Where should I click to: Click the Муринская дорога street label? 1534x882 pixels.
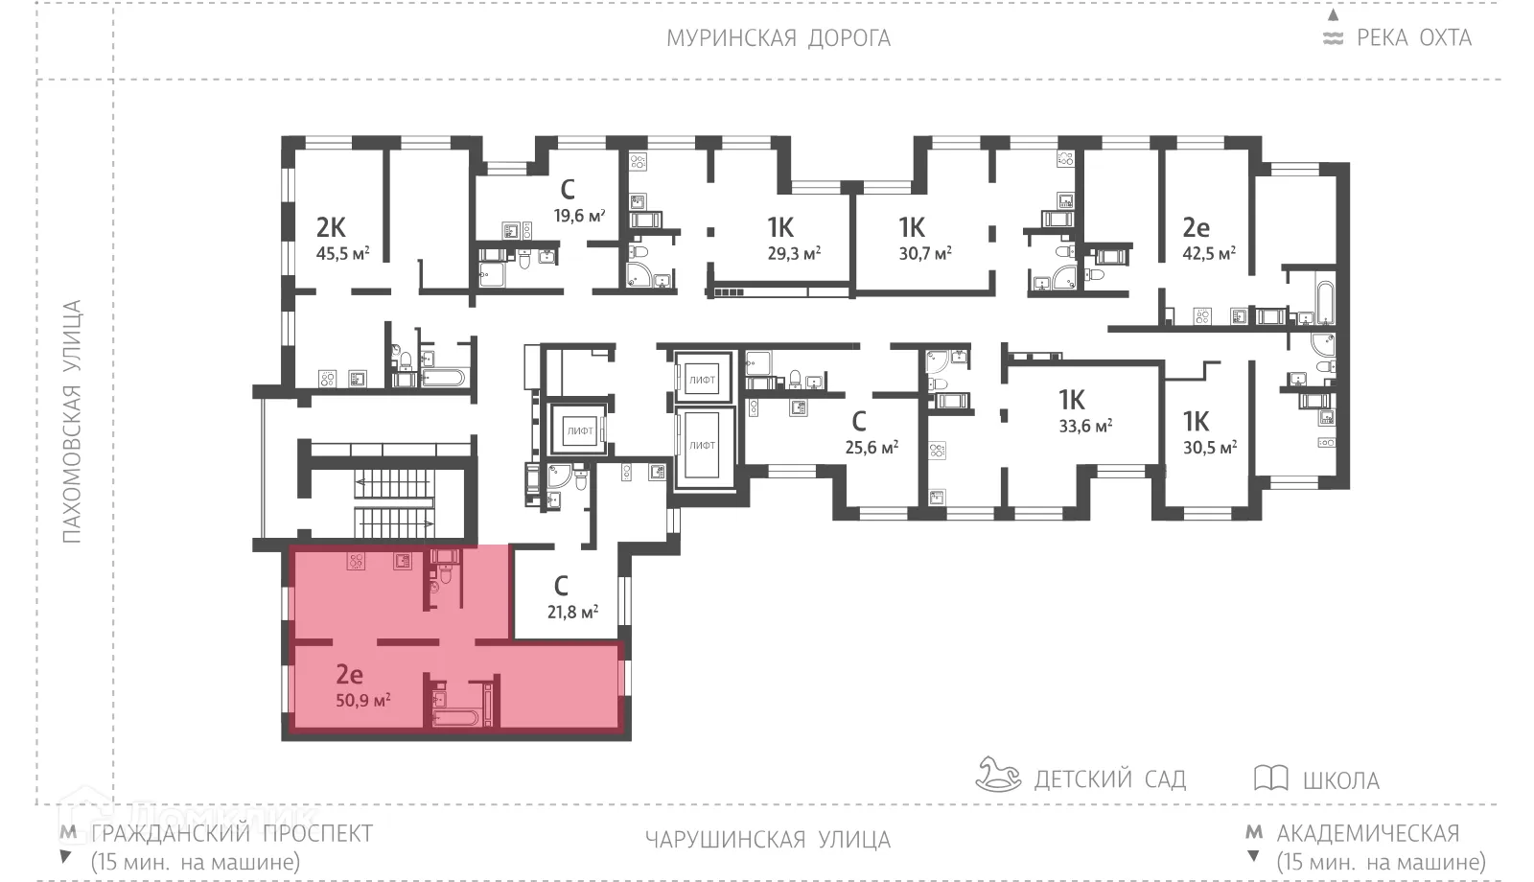779,38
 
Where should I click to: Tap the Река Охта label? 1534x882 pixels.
1412,38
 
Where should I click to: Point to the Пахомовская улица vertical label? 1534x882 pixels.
73,422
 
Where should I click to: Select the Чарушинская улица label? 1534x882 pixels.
767,840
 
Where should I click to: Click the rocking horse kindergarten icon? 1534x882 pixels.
998,775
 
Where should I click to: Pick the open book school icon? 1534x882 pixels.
1270,778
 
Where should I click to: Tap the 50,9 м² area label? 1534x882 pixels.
362,700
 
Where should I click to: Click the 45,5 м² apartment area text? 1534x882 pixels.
342,254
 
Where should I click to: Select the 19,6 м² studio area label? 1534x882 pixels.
579,216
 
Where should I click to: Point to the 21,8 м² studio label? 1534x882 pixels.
572,611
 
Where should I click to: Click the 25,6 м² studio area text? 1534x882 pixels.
872,447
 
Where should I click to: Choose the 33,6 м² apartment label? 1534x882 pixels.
1084,426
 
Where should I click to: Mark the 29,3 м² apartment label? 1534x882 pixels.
794,254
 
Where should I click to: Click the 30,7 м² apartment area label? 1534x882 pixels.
924,254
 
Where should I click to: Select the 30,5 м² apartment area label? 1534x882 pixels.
1209,447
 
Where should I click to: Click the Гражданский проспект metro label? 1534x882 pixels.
231,832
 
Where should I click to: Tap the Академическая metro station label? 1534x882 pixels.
1367,832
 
